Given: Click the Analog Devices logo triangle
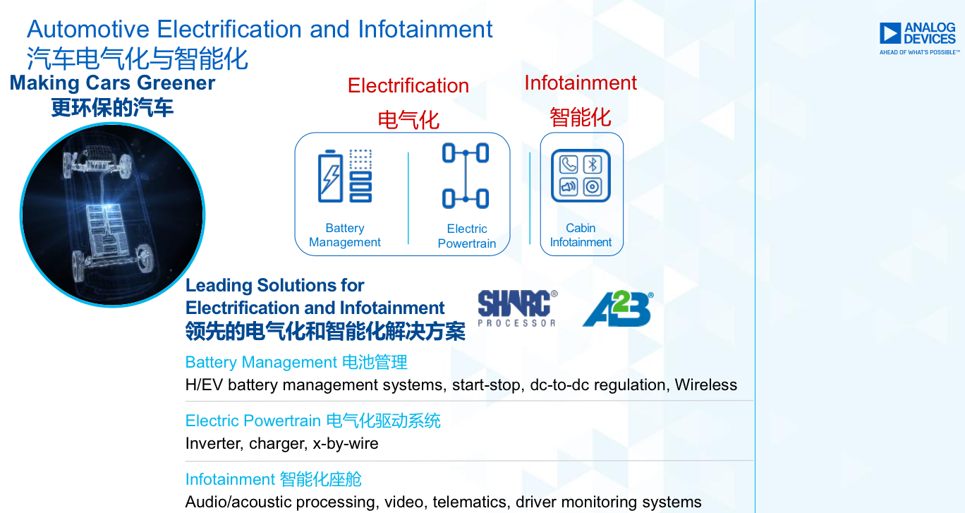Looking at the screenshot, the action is point(890,33).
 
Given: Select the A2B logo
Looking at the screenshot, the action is point(618,308).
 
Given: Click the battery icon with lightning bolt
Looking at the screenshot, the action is point(330,176).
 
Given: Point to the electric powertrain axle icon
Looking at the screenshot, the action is point(466,176).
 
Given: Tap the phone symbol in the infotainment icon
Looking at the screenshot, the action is point(569,164).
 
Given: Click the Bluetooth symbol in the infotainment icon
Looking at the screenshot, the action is point(593,164).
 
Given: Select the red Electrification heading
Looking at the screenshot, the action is point(408,85).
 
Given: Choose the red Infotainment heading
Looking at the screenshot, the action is point(581,83).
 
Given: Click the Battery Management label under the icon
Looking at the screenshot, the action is point(345,235).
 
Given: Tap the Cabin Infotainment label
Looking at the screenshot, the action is point(581,235).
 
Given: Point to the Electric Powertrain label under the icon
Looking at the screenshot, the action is point(466,236).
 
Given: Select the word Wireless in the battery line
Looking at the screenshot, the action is point(705,385).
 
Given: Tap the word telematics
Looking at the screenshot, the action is point(470,502).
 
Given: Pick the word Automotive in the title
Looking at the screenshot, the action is point(88,30).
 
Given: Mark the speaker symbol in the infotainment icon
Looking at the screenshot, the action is point(569,187).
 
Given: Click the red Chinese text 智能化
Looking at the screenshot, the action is point(581,117).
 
